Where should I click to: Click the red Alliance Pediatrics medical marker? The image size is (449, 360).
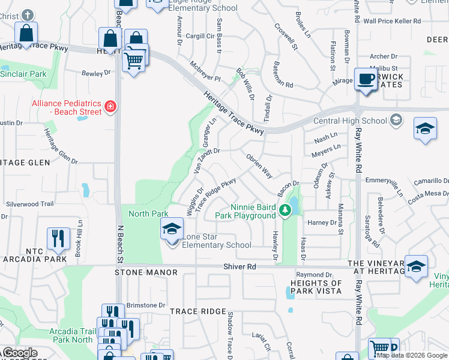[x=110, y=107]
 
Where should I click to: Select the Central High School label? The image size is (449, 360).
[x=350, y=121]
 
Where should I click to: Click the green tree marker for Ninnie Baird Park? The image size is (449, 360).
[x=286, y=210]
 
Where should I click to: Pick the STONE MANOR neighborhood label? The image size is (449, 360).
[x=146, y=272]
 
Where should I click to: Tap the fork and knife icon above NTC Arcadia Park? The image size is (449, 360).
[x=58, y=238]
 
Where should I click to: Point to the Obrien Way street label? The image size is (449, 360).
[x=259, y=166]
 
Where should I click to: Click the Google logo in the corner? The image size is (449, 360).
[x=19, y=353]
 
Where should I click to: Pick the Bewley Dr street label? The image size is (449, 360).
[x=97, y=73]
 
